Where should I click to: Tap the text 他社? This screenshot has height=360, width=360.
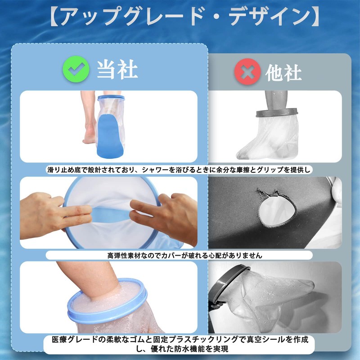coord(283,72)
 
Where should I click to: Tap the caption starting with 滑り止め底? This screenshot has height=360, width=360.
coord(180,170)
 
